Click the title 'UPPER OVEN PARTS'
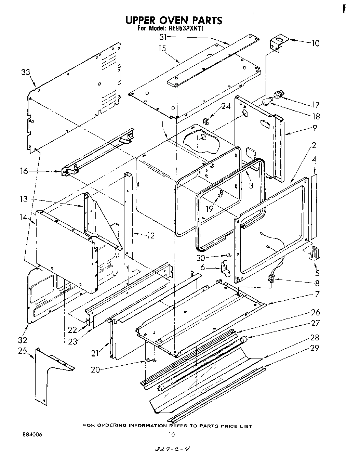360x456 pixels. coord(173,20)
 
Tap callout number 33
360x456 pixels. coord(25,73)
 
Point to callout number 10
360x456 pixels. coord(315,43)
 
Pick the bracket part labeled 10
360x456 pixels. coord(278,43)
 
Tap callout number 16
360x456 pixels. coord(24,171)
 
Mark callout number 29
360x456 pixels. coord(315,348)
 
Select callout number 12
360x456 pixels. coord(150,235)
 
